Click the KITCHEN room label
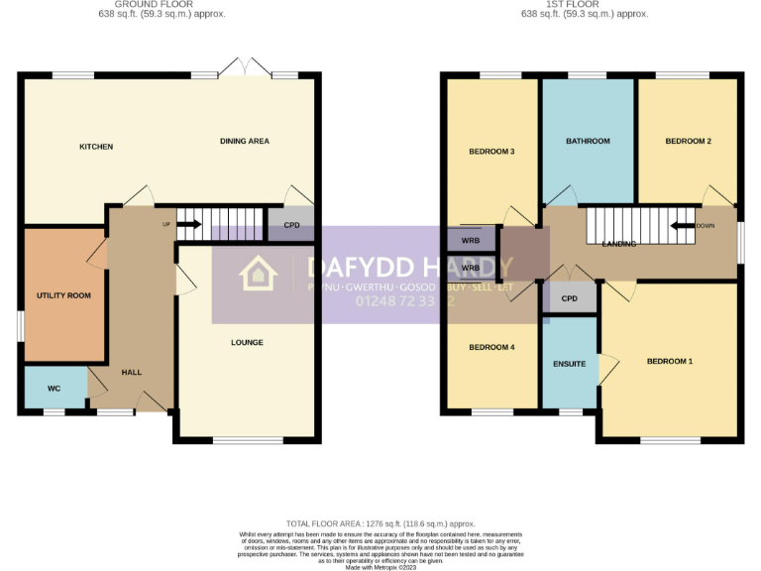tap(96, 147)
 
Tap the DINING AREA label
tap(245, 142)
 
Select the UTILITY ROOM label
tap(63, 295)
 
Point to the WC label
tap(54, 389)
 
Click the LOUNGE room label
tap(247, 343)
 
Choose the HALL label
tap(131, 373)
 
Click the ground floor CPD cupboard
tap(291, 225)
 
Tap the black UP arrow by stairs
tap(188, 224)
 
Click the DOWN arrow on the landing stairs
tap(683, 225)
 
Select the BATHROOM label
tap(588, 142)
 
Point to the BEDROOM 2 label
tap(688, 142)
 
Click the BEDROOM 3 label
tap(491, 152)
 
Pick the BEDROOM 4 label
tap(491, 347)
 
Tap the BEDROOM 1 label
tap(670, 362)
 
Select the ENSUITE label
tap(569, 364)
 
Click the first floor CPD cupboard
tap(569, 298)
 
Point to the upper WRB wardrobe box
tap(471, 239)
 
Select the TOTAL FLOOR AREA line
tap(380, 523)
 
